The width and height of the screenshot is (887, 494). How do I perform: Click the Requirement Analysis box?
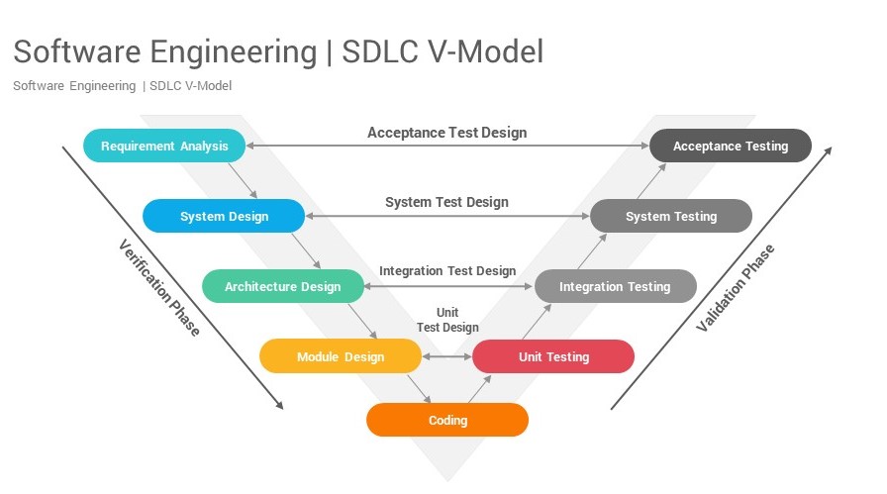pos(164,147)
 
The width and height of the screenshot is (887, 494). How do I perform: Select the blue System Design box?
pos(224,217)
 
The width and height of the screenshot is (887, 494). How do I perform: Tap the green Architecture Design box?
pos(282,287)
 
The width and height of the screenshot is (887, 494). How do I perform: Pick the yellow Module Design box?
pos(341,356)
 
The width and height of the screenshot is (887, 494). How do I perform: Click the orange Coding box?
pos(447,420)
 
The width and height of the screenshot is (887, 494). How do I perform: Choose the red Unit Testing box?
pos(553,356)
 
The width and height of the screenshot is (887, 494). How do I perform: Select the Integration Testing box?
pos(615,287)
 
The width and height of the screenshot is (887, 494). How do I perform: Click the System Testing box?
pos(671,217)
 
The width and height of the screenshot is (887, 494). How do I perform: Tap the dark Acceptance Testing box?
pos(731,147)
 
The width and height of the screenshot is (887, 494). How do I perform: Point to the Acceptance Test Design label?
pos(446,133)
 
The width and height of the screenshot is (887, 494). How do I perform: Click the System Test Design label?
pos(446,202)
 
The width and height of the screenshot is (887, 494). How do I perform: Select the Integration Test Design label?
pos(447,271)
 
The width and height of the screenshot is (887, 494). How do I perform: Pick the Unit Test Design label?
pos(447,320)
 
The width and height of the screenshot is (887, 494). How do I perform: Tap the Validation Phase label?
pos(736,288)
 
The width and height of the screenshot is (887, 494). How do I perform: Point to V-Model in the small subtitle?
pos(205,86)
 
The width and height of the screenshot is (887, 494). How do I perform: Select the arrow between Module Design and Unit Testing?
pos(447,356)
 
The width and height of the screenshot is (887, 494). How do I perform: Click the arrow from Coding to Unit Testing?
pos(478,389)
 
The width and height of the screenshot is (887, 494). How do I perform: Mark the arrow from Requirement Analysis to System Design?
pos(243,181)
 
